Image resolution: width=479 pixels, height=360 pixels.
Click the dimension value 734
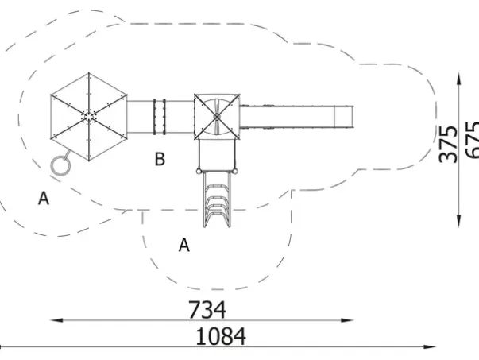pyautogui.click(x=207, y=310)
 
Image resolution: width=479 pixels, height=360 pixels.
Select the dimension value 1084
pyautogui.click(x=221, y=336)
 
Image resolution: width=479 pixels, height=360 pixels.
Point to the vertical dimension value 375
pyautogui.click(x=448, y=144)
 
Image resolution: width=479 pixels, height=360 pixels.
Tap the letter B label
pyautogui.click(x=160, y=159)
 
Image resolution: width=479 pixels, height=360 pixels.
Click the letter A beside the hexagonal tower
pyautogui.click(x=44, y=198)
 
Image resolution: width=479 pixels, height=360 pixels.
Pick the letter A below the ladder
pyautogui.click(x=184, y=245)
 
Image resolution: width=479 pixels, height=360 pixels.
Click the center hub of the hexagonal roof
pyautogui.click(x=89, y=117)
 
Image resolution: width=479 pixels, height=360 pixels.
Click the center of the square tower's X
pyautogui.click(x=217, y=117)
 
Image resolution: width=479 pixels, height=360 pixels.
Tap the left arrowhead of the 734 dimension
pyautogui.click(x=57, y=320)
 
